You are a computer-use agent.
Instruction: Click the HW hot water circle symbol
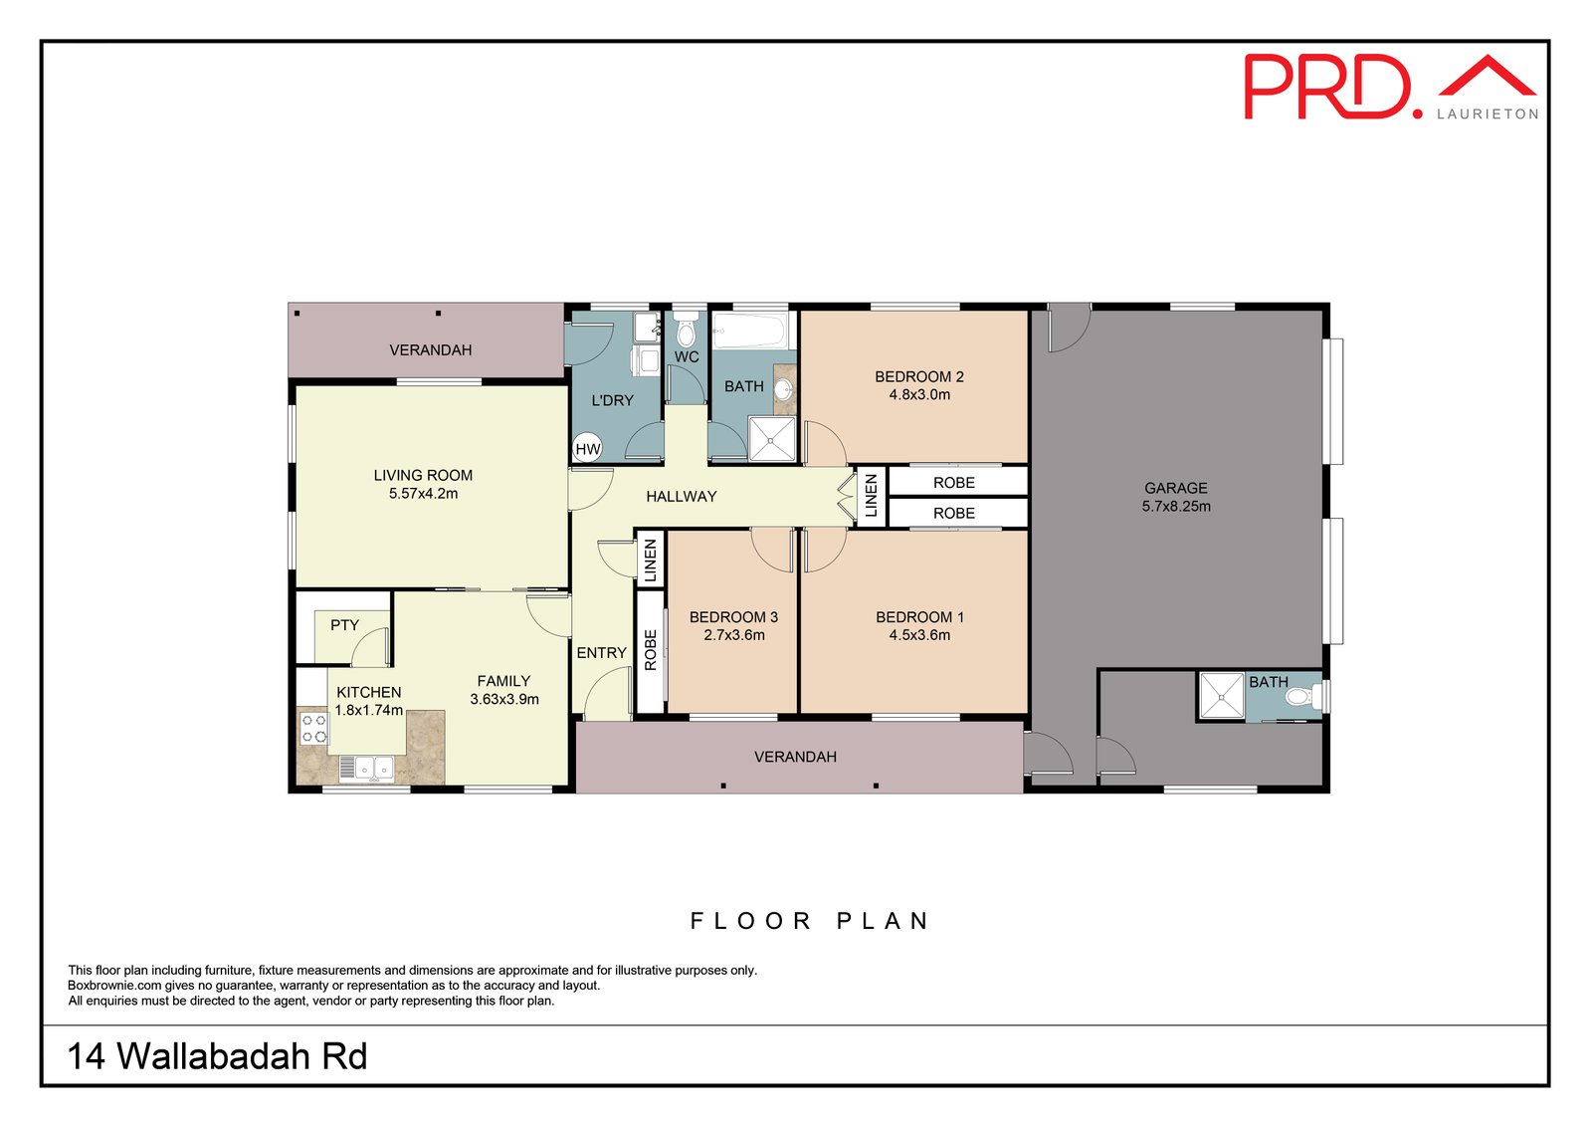click(588, 449)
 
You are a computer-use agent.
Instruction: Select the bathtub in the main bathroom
click(750, 332)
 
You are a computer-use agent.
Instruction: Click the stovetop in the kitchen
click(314, 729)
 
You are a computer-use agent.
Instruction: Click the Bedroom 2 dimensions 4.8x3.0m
click(919, 395)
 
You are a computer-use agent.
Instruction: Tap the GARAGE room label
click(1175, 488)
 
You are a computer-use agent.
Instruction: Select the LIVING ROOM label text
click(423, 475)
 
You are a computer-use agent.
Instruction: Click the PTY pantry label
click(344, 625)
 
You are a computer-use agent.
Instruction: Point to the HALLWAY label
click(681, 497)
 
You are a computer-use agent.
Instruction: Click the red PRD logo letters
click(1327, 88)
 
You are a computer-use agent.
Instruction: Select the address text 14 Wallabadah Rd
click(217, 1055)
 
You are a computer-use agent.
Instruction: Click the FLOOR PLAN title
click(810, 921)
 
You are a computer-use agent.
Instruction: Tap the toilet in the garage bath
click(1302, 696)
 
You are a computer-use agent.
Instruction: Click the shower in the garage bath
click(1222, 696)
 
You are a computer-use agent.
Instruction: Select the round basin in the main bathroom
click(782, 390)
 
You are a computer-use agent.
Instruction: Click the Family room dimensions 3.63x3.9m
click(504, 699)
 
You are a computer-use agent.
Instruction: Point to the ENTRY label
click(601, 653)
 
